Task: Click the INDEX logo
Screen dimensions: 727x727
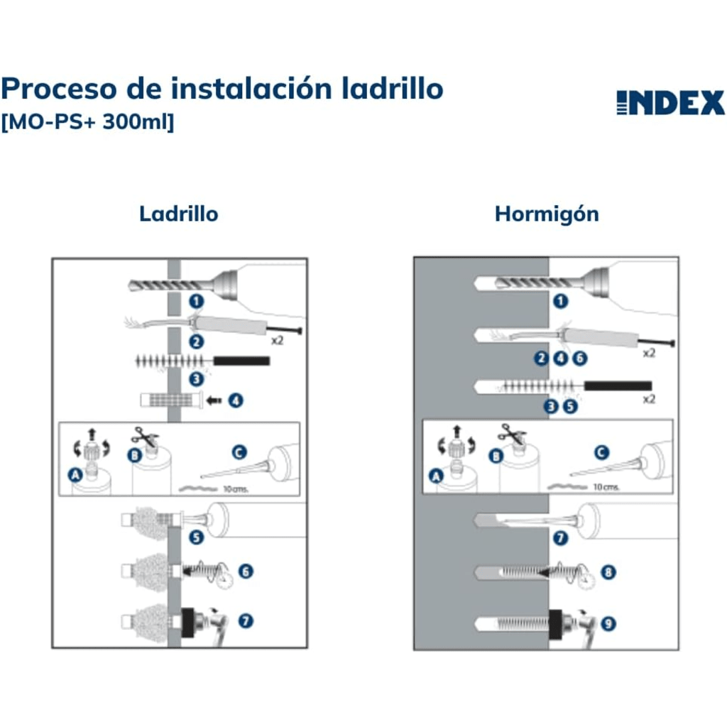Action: [670, 102]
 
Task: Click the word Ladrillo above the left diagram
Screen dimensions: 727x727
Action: [178, 214]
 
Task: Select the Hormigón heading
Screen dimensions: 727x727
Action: [547, 214]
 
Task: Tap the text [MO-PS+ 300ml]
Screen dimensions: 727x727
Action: [87, 122]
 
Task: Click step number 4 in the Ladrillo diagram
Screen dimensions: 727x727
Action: [236, 400]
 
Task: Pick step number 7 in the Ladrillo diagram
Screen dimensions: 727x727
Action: [246, 621]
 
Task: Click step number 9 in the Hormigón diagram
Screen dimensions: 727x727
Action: [608, 623]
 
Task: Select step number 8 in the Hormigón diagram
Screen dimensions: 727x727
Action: [608, 572]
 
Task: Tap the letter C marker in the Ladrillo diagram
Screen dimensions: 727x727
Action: [239, 452]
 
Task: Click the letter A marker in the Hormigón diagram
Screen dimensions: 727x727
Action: [436, 476]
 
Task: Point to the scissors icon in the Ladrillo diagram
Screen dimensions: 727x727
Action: [145, 437]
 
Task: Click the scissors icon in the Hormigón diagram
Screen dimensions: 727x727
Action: [511, 434]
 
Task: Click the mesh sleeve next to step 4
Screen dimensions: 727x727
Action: [172, 400]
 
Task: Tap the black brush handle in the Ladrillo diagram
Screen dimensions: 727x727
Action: [241, 361]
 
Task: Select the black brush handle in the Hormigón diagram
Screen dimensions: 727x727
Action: [618, 386]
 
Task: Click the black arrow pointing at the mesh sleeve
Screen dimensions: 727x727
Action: [214, 400]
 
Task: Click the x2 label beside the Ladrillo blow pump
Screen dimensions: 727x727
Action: [277, 340]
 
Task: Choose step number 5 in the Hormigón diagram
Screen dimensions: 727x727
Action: [570, 407]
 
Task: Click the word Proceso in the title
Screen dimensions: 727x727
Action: [59, 89]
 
